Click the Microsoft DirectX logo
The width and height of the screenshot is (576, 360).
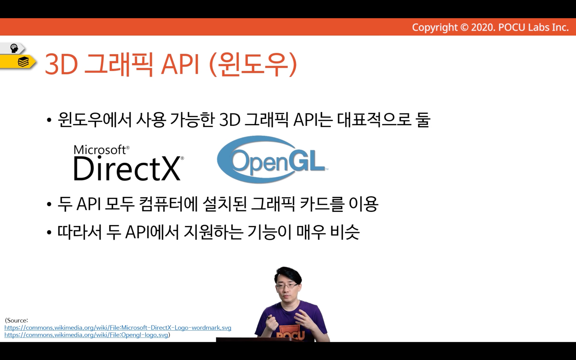129,163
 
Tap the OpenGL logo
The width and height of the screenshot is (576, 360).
273,159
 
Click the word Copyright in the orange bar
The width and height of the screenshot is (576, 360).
435,27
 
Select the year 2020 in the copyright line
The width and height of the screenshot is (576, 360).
482,27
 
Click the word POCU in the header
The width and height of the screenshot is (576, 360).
512,27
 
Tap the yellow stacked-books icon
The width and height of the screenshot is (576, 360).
23,62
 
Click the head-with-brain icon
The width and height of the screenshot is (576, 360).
14,48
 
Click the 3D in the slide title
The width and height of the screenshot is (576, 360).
61,64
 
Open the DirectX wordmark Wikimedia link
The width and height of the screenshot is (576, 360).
118,328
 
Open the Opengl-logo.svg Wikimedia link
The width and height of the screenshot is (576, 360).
86,335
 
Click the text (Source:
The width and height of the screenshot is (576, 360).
16,320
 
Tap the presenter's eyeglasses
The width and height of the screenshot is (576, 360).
287,286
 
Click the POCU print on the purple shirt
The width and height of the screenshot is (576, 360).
291,334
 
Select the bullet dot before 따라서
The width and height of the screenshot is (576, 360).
49,232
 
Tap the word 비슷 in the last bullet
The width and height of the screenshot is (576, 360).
345,232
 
